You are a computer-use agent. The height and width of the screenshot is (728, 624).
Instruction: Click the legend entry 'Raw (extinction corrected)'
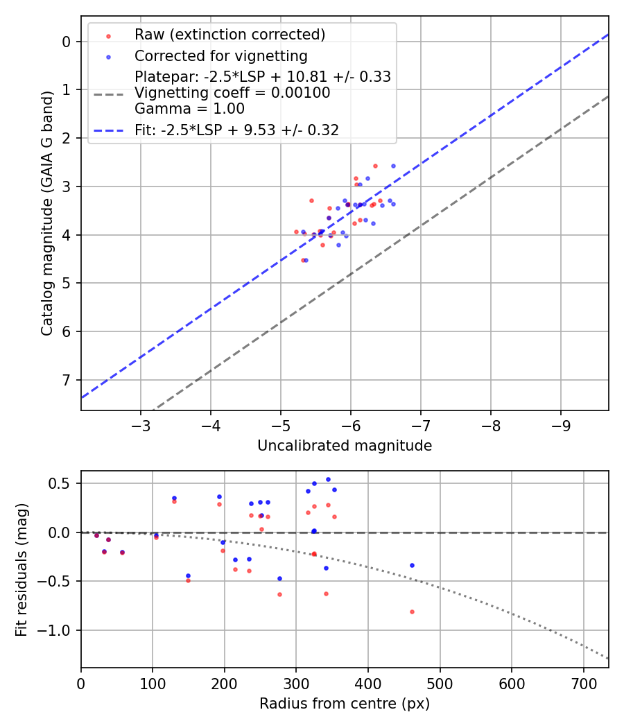(229, 35)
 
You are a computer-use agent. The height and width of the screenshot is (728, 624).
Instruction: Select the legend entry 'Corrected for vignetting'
(220, 55)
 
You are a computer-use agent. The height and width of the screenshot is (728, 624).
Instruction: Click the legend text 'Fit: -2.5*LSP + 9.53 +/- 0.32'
(236, 130)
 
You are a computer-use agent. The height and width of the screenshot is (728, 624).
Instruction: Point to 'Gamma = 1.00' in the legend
(189, 108)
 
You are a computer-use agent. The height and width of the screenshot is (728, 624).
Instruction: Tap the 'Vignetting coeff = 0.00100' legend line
(232, 93)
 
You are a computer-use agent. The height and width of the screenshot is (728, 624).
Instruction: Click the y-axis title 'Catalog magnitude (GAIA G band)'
(46, 211)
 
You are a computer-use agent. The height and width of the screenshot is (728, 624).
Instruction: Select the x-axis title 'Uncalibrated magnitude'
(345, 446)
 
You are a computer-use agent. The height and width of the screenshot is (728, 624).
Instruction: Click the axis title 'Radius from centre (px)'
(345, 704)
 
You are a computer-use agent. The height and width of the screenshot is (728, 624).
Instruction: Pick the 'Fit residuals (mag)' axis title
(21, 570)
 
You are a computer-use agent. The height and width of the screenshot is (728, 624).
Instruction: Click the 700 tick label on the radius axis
(583, 682)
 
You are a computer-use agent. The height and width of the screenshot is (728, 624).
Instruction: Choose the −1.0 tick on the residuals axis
(59, 630)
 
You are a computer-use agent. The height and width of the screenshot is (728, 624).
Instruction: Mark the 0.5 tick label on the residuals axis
(64, 483)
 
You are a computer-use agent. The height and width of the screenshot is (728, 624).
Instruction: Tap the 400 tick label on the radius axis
(368, 682)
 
